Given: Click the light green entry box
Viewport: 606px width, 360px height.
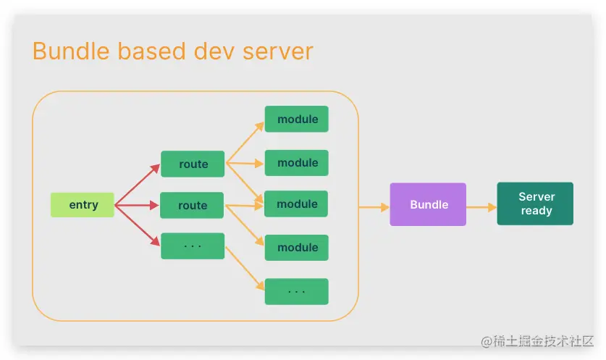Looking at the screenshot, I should point(83,205).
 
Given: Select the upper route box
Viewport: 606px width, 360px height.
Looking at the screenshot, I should point(193,164).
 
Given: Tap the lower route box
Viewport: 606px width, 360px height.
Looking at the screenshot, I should point(193,206).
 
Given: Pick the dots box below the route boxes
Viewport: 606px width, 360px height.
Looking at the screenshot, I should point(193,246).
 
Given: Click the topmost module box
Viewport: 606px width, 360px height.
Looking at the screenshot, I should point(297,120).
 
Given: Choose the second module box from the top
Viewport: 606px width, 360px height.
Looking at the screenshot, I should point(297,163).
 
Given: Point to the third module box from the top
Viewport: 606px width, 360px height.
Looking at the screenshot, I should point(297,204).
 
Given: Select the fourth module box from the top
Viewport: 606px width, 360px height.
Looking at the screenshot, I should point(297,248).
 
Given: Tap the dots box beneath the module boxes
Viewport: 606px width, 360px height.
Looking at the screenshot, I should point(297,292).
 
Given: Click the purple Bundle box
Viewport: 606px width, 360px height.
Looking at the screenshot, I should point(428,204).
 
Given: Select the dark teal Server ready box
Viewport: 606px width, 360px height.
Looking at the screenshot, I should point(535,204).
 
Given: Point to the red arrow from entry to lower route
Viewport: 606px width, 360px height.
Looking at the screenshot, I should point(138,206).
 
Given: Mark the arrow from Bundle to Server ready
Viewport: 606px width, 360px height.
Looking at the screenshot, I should point(481,208).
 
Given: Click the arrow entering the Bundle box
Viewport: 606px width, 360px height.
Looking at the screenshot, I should point(374,208).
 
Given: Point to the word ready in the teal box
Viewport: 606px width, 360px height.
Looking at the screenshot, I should point(536,212).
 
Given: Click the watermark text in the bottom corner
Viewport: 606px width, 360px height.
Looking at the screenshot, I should point(537,340).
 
